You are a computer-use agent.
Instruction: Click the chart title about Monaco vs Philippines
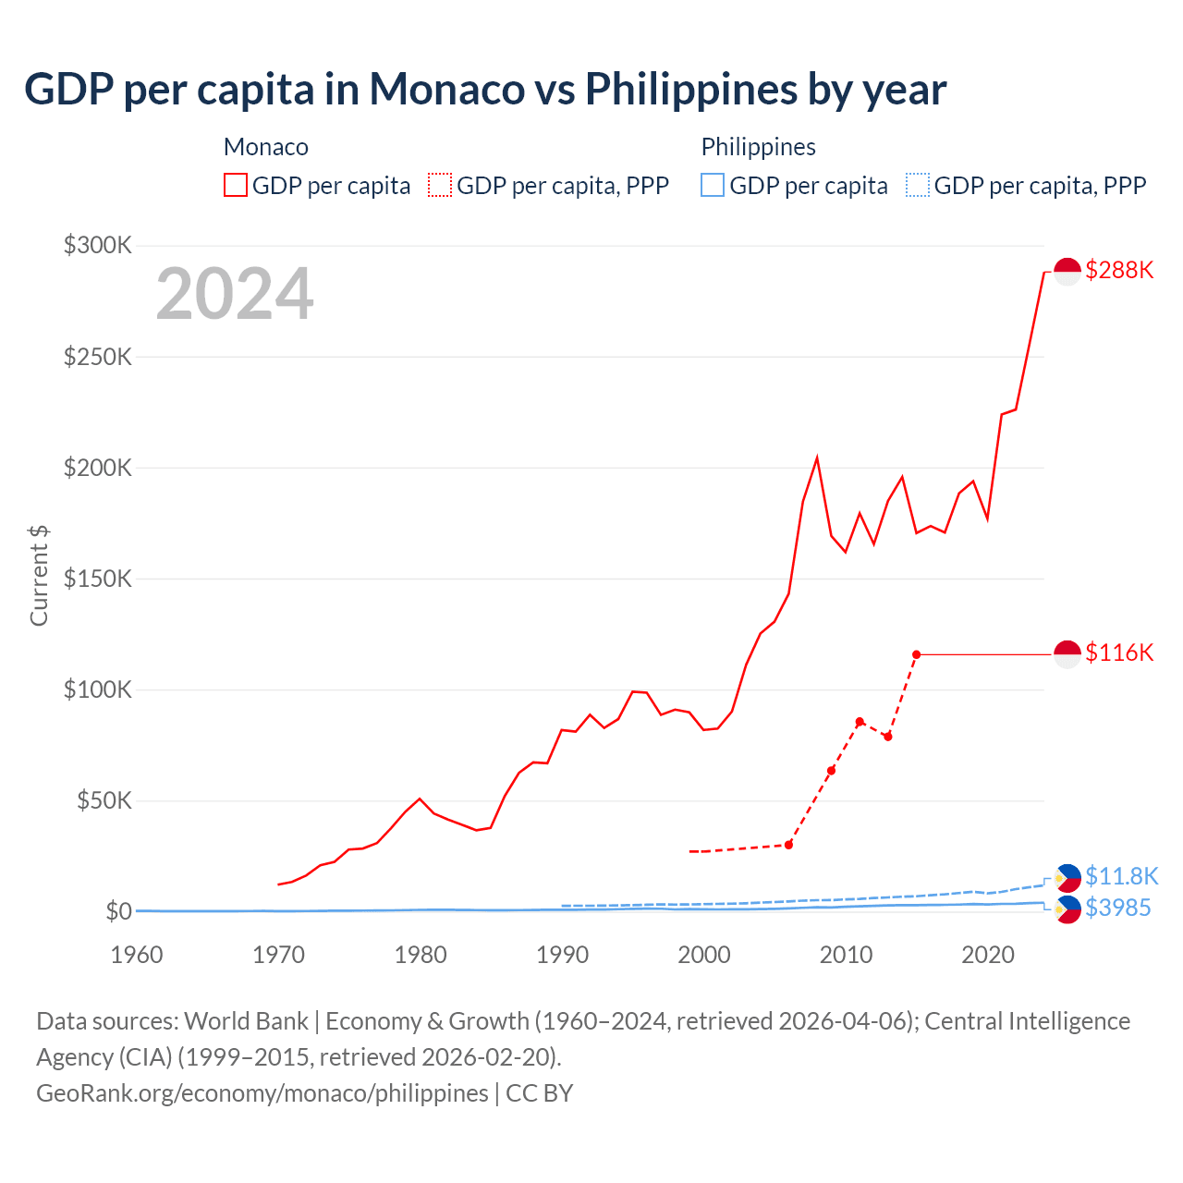click(485, 90)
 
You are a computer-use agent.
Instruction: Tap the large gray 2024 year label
click(235, 294)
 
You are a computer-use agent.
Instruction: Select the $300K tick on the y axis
click(98, 245)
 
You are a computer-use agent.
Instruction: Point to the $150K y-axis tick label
click(98, 579)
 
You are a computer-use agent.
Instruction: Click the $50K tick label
click(104, 800)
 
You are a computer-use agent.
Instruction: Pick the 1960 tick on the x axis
click(137, 955)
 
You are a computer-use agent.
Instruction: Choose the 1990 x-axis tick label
click(562, 955)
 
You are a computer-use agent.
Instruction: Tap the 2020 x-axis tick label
click(988, 955)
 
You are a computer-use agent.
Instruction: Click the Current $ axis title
click(39, 575)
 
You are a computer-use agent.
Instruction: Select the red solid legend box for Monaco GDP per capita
click(236, 186)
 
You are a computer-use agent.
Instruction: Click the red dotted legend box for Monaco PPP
click(440, 186)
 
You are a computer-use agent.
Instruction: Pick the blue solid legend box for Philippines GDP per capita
click(713, 186)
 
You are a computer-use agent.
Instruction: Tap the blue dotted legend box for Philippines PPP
click(918, 186)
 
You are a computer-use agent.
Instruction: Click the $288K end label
click(1119, 270)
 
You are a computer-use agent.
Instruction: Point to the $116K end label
click(1119, 653)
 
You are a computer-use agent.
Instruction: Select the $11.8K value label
click(1121, 876)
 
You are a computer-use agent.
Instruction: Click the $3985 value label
click(1117, 909)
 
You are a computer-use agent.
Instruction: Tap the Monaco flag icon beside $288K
click(1067, 272)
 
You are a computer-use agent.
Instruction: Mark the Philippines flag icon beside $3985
click(1067, 909)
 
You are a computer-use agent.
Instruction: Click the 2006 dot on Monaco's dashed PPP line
click(788, 845)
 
